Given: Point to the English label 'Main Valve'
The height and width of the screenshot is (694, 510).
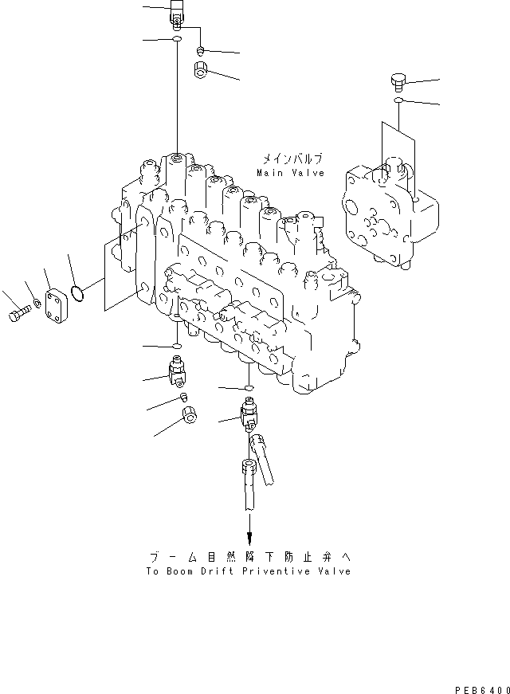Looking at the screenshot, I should pyautogui.click(x=291, y=173).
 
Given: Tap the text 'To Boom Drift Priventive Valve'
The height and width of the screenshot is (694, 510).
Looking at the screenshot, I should pyautogui.click(x=249, y=571).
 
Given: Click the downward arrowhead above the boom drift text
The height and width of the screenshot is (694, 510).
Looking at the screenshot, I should pyautogui.click(x=249, y=539).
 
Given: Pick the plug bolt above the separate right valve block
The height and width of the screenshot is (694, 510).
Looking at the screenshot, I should pyautogui.click(x=398, y=80).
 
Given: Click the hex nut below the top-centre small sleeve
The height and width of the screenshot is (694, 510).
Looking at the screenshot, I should pyautogui.click(x=202, y=72).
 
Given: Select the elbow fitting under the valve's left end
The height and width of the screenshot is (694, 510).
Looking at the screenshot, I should pyautogui.click(x=176, y=371).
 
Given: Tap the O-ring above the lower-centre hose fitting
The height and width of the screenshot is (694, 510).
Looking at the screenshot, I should pyautogui.click(x=249, y=389).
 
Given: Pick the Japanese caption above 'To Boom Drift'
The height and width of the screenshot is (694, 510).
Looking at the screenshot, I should pyautogui.click(x=249, y=557).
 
